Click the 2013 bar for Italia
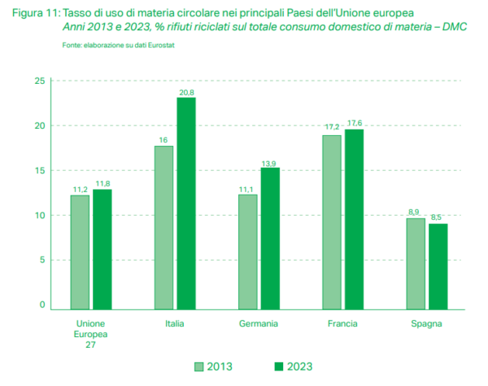point(163,226)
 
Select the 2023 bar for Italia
point(186,203)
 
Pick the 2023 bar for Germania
point(270,238)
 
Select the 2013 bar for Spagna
point(416,262)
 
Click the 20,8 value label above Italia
point(187,92)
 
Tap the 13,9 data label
point(270,163)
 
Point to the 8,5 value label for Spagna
point(438,217)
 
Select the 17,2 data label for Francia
point(332,129)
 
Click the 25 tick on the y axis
point(39,81)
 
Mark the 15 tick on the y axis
point(39,171)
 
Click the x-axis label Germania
point(259,323)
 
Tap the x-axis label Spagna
point(427,323)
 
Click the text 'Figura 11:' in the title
point(34,15)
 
